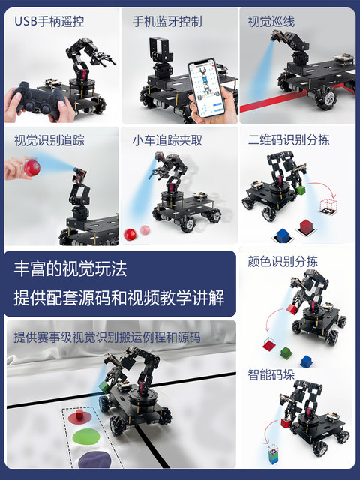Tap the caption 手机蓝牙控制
click(x=167, y=21)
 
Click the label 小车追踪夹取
click(x=167, y=140)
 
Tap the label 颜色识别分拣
click(x=283, y=262)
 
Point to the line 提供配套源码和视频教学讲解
click(x=118, y=297)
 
